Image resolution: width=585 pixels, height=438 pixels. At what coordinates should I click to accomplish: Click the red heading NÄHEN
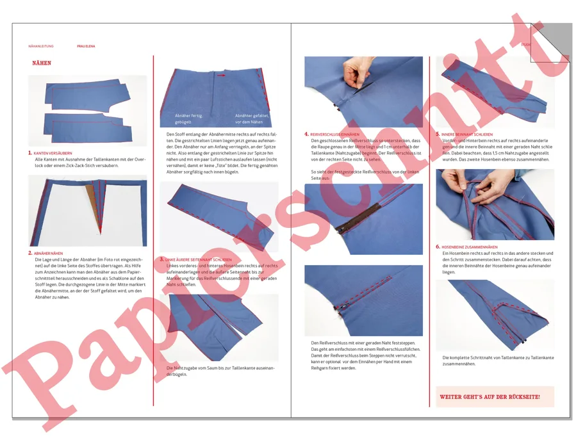[42, 63]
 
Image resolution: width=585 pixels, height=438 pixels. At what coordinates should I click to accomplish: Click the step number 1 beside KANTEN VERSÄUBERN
[29, 153]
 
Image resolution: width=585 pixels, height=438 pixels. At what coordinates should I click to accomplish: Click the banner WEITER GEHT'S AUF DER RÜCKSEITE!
[490, 397]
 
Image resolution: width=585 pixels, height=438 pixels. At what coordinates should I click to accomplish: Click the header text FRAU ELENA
[86, 46]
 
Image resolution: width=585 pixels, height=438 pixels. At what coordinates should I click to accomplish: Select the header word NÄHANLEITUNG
[41, 46]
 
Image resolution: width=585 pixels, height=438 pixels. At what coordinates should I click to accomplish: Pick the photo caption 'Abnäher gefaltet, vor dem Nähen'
[249, 118]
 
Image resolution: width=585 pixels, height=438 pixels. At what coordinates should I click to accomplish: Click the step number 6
[438, 247]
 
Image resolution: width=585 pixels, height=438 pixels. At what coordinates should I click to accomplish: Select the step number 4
[306, 134]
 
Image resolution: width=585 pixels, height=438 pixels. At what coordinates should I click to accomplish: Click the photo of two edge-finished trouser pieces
[87, 110]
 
